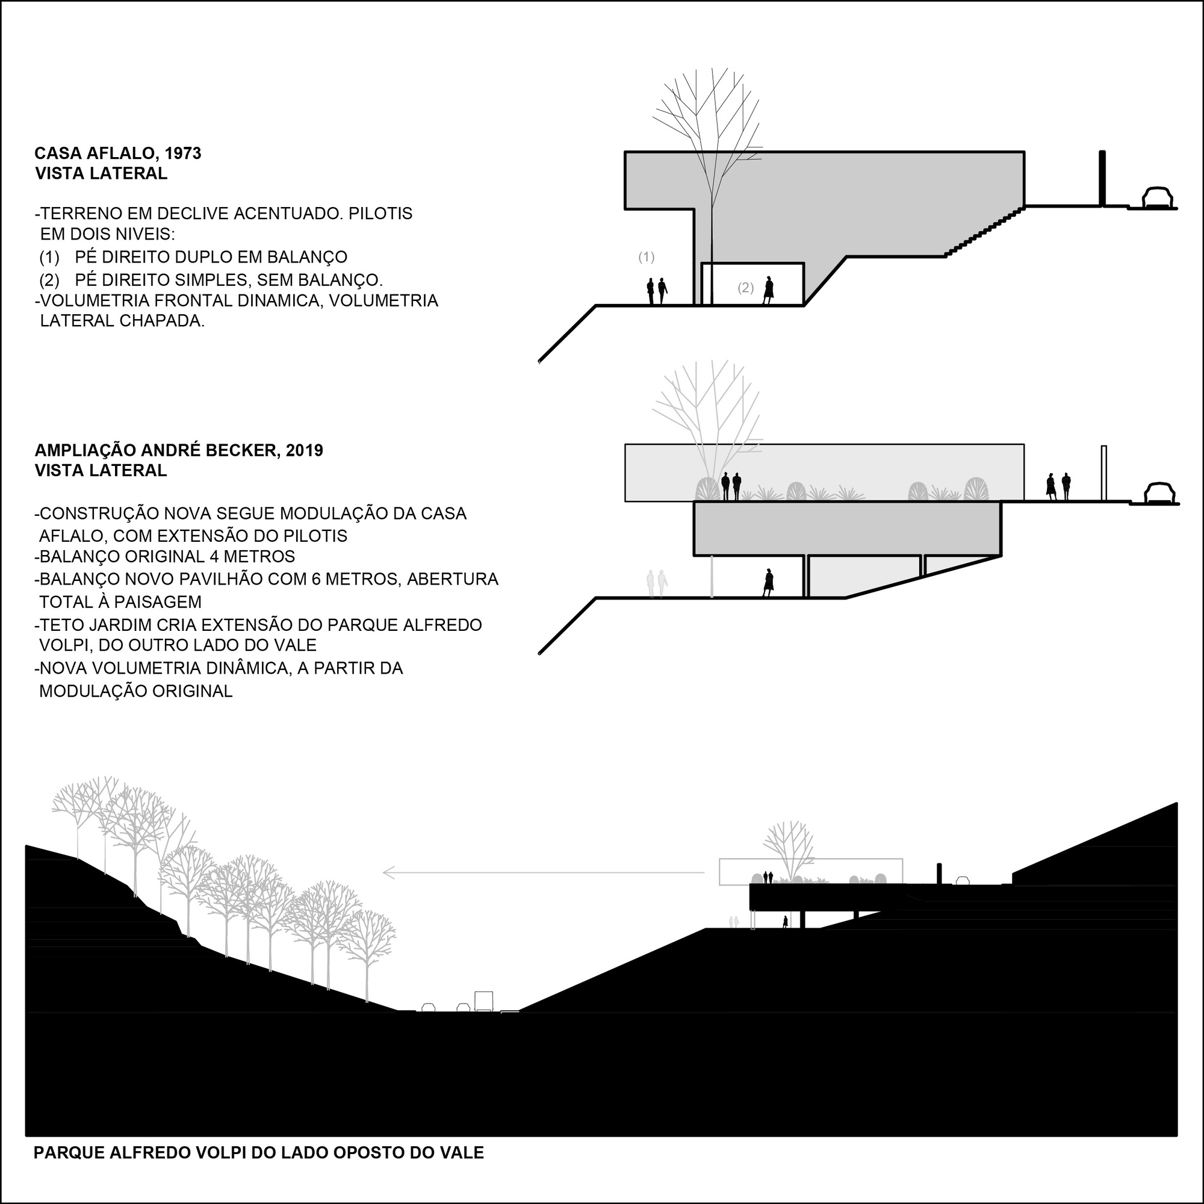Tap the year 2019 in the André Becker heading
click(305, 450)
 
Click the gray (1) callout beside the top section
click(646, 257)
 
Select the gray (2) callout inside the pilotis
click(745, 288)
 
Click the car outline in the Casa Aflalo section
click(1157, 197)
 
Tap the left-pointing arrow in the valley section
click(544, 872)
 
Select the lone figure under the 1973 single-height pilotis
click(768, 290)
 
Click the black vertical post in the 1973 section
click(1102, 178)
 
